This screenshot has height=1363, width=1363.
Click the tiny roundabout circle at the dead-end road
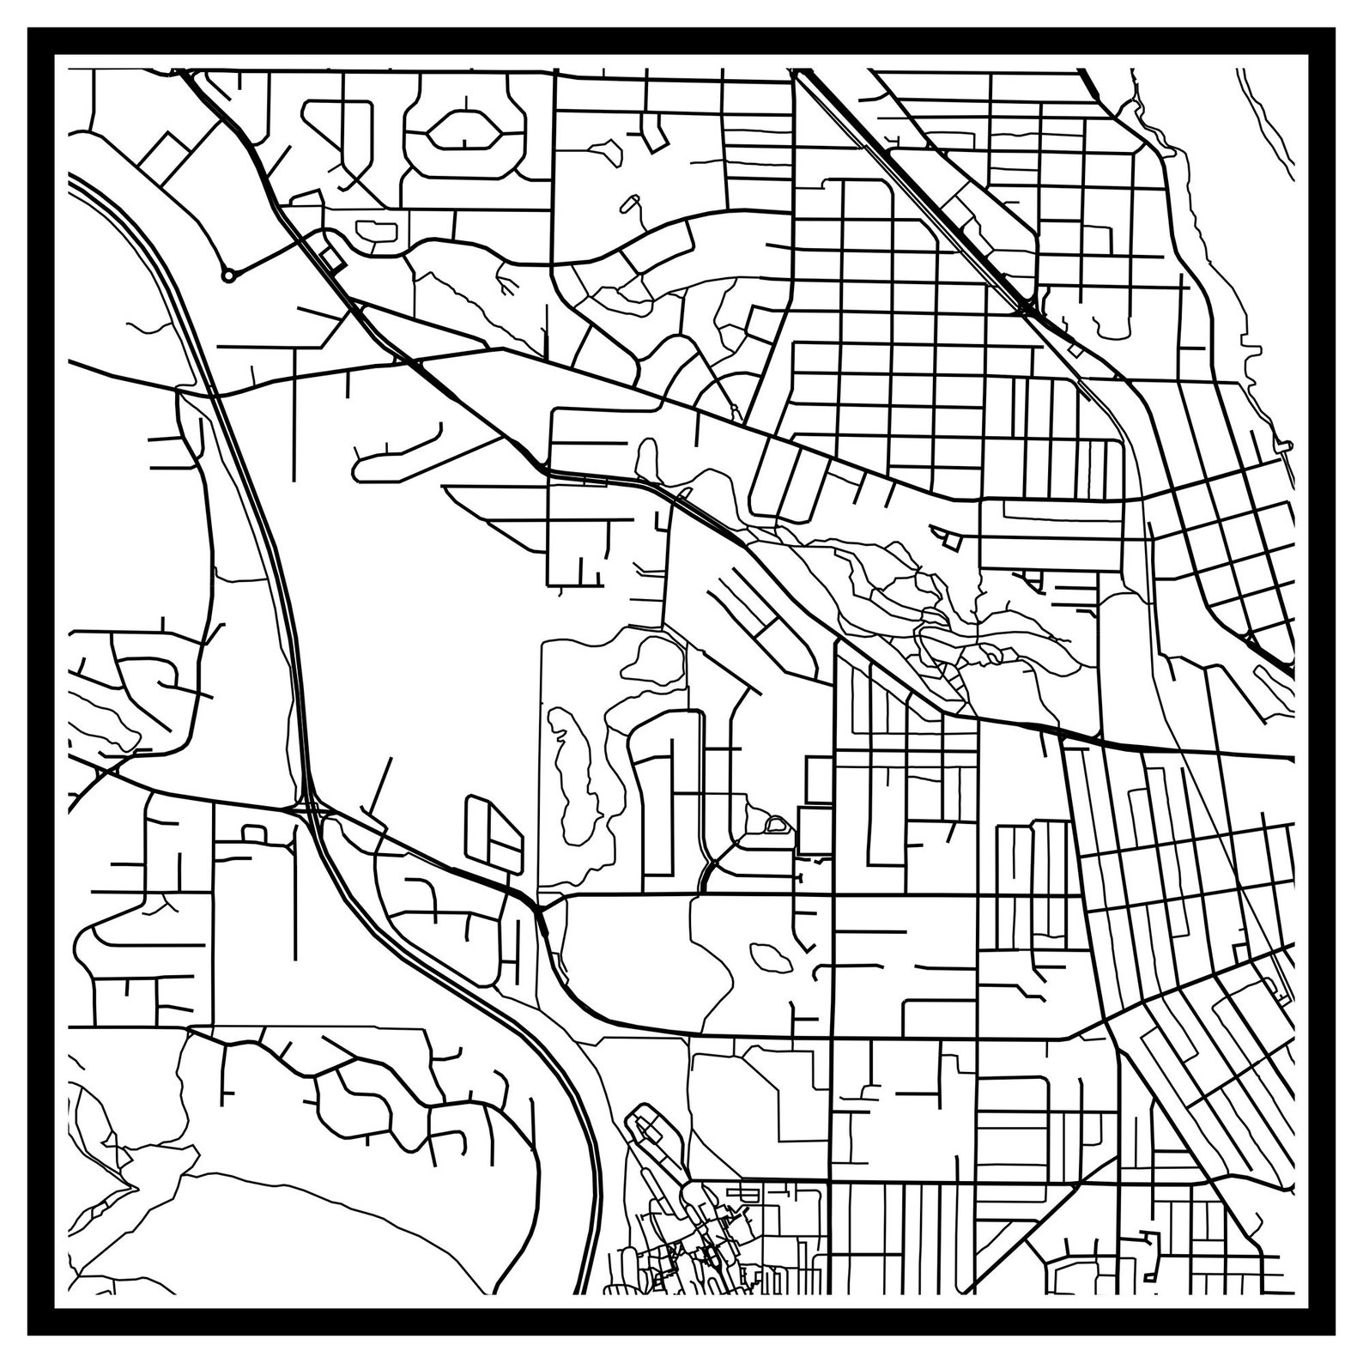(227, 276)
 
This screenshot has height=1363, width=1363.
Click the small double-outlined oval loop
(777, 825)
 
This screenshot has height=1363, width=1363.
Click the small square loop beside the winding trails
(950, 540)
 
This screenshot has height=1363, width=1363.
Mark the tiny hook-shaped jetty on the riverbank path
(1284, 446)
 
